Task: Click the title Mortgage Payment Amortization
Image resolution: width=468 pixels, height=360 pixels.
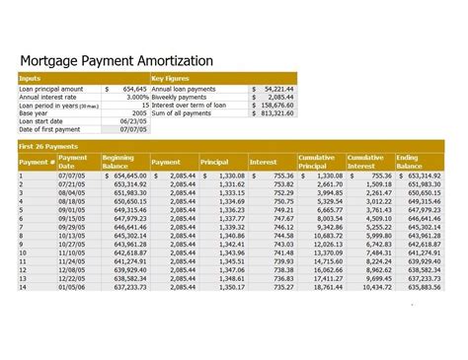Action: pos(117,61)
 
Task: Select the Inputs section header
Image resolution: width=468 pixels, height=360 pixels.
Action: pos(31,78)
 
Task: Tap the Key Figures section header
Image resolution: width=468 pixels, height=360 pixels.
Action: pos(170,78)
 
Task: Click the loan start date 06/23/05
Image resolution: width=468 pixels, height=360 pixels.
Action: pos(133,121)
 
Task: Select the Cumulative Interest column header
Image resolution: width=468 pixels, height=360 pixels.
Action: pos(365,162)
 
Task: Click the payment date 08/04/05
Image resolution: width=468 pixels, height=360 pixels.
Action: pos(74,192)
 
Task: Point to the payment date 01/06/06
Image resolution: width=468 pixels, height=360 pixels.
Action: pos(74,288)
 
